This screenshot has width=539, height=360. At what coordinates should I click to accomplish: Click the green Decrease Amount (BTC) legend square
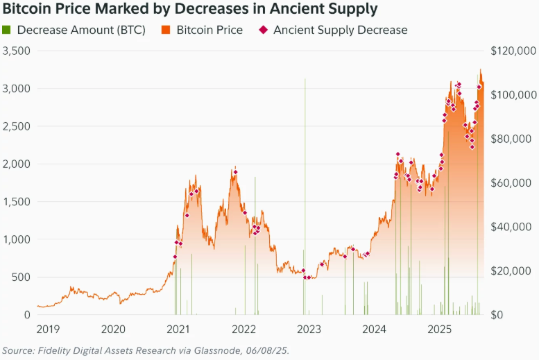pos(7,31)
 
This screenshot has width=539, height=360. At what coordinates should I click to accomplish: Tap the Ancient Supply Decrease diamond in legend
pos(263,31)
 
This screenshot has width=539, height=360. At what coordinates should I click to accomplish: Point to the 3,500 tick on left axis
pos(17,51)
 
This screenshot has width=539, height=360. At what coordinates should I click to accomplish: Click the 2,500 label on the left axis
pos(17,127)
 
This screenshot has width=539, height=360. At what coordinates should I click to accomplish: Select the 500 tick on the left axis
pos(22,277)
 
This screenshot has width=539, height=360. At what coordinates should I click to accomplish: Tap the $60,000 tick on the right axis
pos(515,183)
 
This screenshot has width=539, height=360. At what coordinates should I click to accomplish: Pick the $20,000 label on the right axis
pos(515,271)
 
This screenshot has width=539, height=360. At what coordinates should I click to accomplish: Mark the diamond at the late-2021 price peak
pos(236,172)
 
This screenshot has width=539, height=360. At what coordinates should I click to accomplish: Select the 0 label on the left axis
pos(27,315)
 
